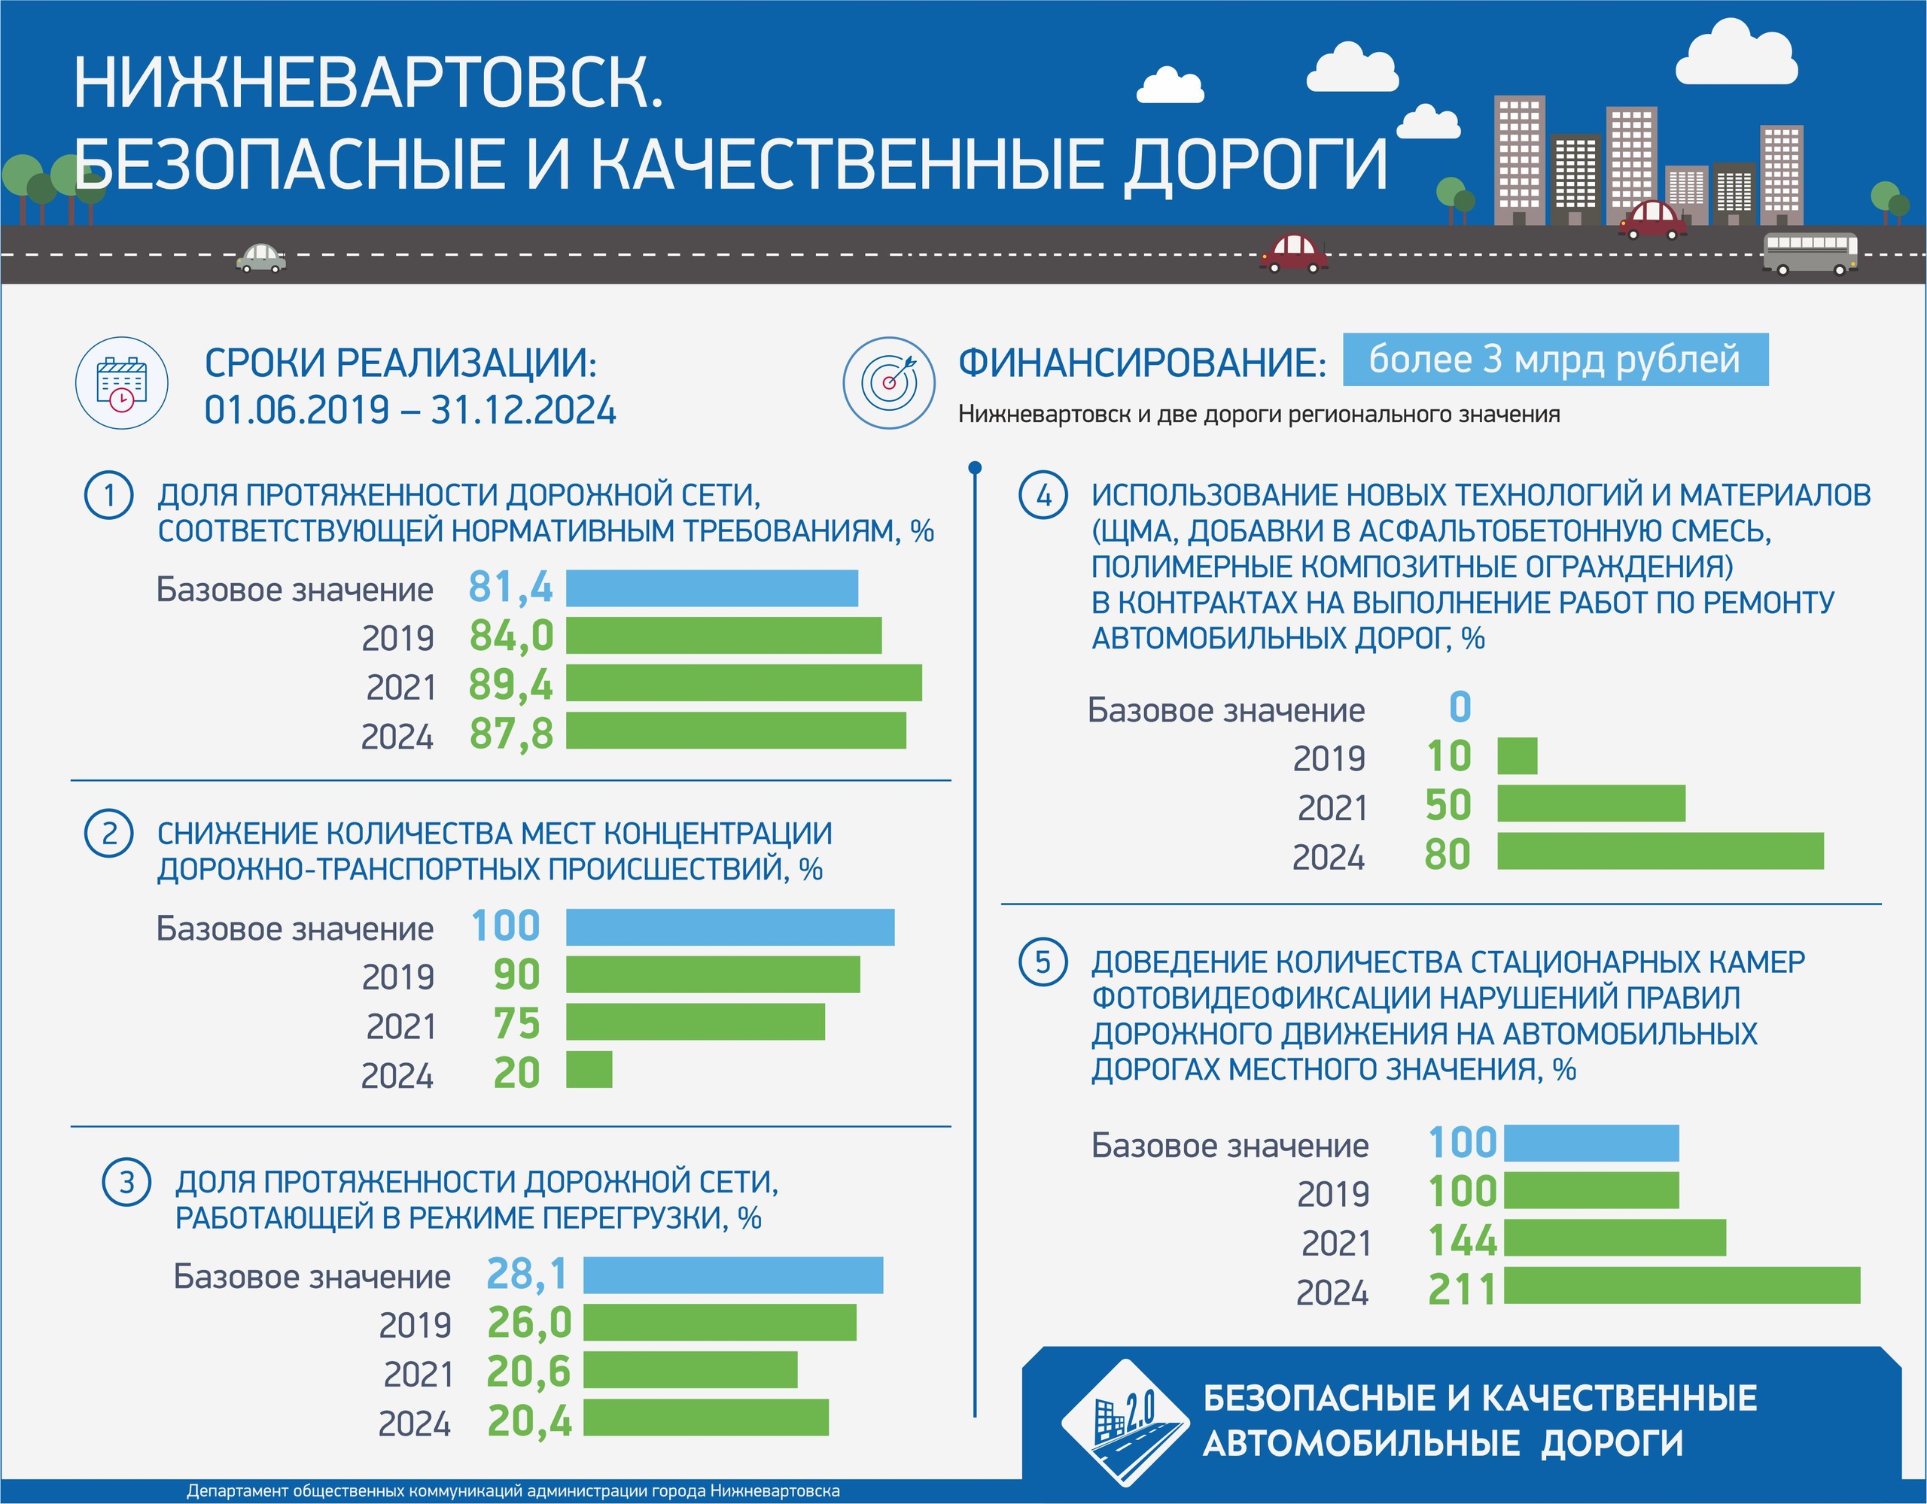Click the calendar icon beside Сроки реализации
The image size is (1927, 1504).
(122, 384)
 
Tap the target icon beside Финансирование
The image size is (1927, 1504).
(888, 384)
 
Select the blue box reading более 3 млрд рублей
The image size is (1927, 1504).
(1554, 360)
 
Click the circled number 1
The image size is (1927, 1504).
(108, 496)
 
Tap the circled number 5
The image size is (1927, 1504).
(1043, 962)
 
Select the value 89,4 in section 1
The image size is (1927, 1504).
(511, 685)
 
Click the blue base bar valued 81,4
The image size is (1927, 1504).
(711, 588)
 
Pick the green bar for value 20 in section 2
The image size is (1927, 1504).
(589, 1069)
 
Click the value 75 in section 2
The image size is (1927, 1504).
(516, 1023)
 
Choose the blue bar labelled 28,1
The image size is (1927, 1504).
(732, 1275)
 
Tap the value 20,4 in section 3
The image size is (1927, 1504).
(529, 1421)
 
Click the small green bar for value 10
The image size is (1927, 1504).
(1517, 756)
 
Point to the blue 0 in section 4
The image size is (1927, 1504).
(1460, 706)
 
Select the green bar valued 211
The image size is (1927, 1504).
(1682, 1285)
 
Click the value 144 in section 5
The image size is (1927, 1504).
(1463, 1240)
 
